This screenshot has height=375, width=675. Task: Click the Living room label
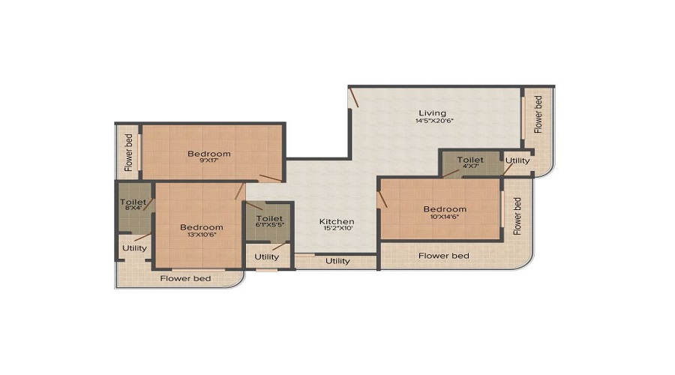pyautogui.click(x=432, y=113)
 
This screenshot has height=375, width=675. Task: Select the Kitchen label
pyautogui.click(x=337, y=221)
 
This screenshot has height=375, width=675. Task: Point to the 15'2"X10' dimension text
pyautogui.click(x=337, y=230)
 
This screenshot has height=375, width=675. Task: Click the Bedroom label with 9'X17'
pyautogui.click(x=209, y=154)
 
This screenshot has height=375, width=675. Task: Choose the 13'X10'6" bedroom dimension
pyautogui.click(x=201, y=236)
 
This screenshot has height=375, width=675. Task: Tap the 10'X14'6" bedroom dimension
pyautogui.click(x=445, y=218)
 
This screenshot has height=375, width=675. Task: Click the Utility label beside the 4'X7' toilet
pyautogui.click(x=517, y=160)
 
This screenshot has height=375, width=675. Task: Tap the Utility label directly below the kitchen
pyautogui.click(x=337, y=261)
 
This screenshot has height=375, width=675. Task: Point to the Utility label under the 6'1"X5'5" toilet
pyautogui.click(x=266, y=256)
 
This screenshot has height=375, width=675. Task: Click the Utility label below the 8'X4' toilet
pyautogui.click(x=135, y=247)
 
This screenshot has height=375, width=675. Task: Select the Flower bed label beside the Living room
pyautogui.click(x=538, y=114)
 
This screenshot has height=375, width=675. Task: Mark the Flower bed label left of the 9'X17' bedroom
pyautogui.click(x=129, y=152)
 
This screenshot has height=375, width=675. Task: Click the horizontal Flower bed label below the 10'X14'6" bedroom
pyautogui.click(x=444, y=256)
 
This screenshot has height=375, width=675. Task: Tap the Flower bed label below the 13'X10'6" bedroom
pyautogui.click(x=185, y=279)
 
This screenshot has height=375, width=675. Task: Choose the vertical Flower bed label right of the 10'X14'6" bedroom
pyautogui.click(x=517, y=216)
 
